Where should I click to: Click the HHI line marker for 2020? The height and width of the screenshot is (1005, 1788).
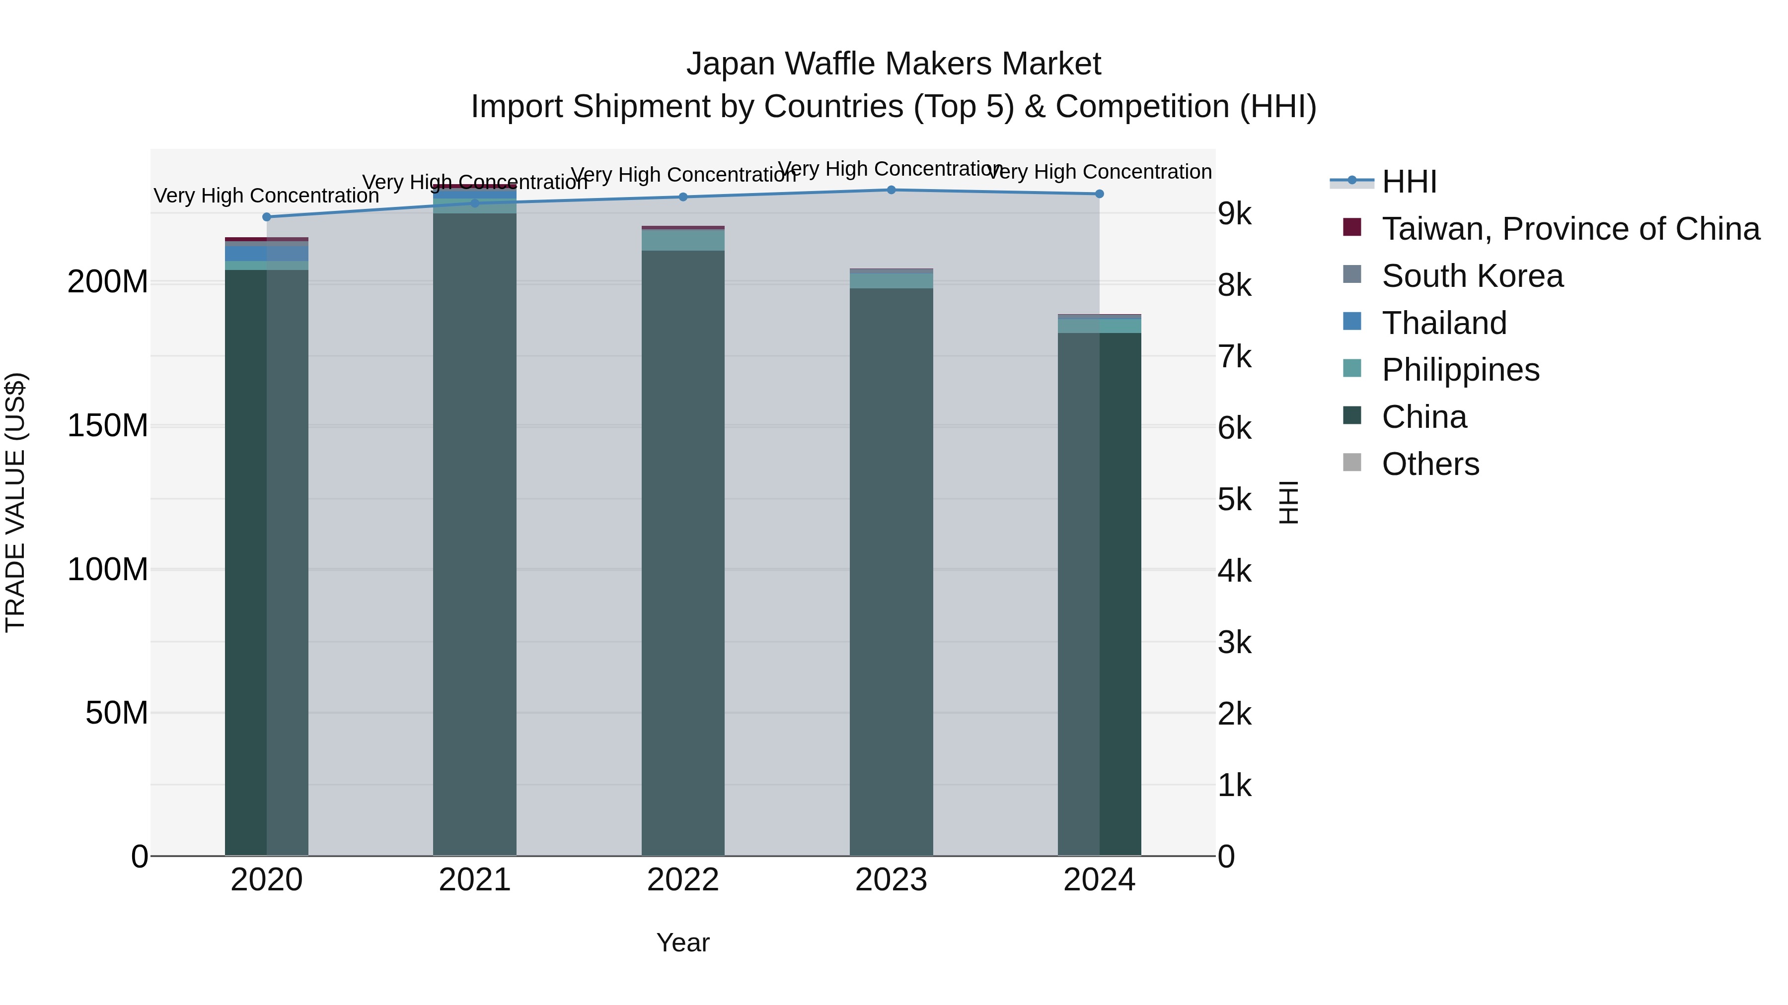(x=267, y=217)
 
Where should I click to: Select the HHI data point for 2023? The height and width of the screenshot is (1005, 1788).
(x=891, y=190)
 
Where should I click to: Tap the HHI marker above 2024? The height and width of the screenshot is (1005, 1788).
(x=1100, y=194)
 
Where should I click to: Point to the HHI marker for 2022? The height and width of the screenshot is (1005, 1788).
(x=683, y=197)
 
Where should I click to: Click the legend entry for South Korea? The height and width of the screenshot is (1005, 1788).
(x=1472, y=276)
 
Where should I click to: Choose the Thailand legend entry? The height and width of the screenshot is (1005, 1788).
(x=1444, y=323)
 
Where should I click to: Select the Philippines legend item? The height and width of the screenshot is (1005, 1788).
(x=1460, y=370)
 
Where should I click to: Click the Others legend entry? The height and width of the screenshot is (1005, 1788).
(x=1430, y=464)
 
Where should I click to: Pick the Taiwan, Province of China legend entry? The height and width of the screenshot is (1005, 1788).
(x=1570, y=229)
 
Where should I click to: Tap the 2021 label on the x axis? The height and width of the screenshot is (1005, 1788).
(x=475, y=880)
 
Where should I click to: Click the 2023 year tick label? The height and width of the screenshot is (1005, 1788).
(x=891, y=880)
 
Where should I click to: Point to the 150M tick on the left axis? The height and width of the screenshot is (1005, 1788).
(x=108, y=425)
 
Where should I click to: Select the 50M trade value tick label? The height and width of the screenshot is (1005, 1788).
(x=117, y=713)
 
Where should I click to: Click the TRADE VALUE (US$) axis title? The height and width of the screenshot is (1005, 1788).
(x=15, y=502)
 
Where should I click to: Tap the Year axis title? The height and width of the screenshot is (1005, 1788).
(x=683, y=942)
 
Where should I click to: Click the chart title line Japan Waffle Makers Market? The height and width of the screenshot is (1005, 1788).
(x=894, y=64)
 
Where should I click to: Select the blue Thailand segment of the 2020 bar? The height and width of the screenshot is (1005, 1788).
(x=267, y=253)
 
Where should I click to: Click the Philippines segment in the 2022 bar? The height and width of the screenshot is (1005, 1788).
(x=683, y=240)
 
